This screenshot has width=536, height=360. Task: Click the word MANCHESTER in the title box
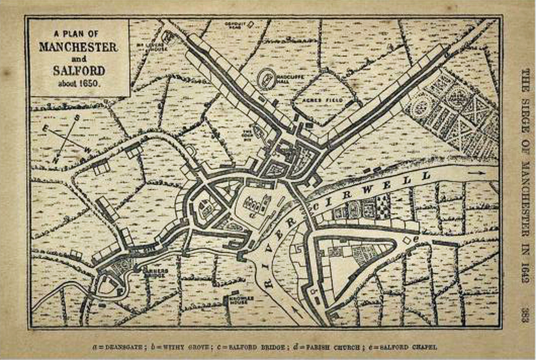(78, 47)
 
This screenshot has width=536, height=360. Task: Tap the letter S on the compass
(77, 117)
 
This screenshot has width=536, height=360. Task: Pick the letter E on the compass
(47, 129)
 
